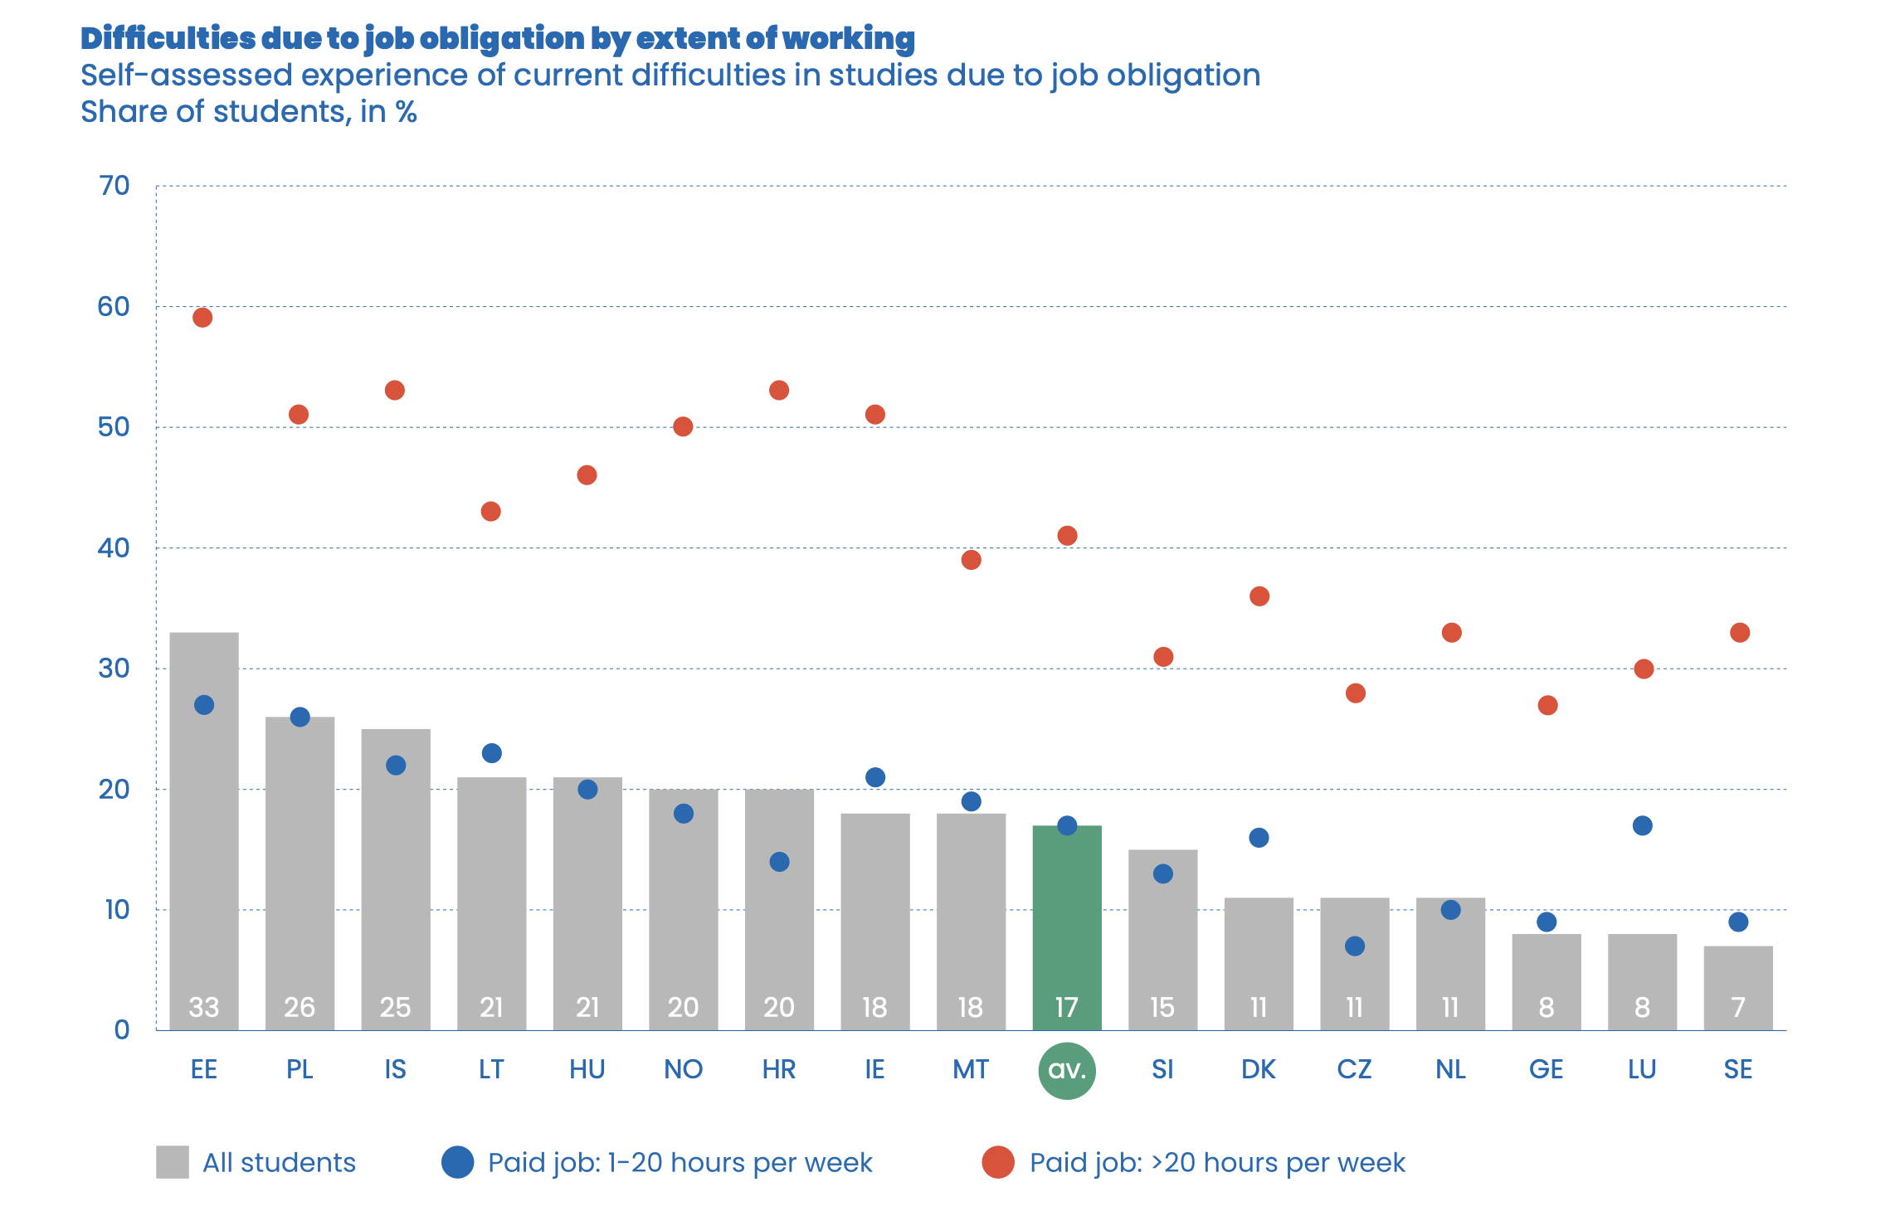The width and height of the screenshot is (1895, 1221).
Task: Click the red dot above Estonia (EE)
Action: [x=202, y=318]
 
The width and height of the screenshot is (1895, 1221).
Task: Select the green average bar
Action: [x=1067, y=921]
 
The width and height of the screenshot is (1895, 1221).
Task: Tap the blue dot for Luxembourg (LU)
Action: [x=1642, y=825]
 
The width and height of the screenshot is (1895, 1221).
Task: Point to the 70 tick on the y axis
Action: [x=114, y=186]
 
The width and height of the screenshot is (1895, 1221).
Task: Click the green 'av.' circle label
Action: [x=1067, y=1070]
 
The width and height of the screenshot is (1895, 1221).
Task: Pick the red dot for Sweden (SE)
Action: [x=1740, y=633]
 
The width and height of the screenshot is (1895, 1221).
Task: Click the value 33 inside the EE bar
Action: [x=204, y=1007]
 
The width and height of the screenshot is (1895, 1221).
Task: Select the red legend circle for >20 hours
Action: [x=998, y=1162]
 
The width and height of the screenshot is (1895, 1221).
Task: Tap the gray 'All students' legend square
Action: [x=173, y=1162]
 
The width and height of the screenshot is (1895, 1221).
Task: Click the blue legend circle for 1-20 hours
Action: [x=457, y=1162]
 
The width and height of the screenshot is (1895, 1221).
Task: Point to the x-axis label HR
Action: [x=779, y=1069]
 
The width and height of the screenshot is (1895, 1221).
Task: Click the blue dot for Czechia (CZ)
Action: [x=1355, y=946]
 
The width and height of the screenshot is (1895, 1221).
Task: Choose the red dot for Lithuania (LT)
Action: [x=490, y=511]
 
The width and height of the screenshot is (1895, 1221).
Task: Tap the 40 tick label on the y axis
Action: [x=114, y=547]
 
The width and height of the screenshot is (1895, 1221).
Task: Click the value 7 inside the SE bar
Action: [x=1738, y=1007]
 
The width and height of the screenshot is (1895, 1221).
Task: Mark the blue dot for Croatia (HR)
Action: [x=779, y=862]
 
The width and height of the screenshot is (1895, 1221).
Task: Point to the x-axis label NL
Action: [x=1450, y=1069]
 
